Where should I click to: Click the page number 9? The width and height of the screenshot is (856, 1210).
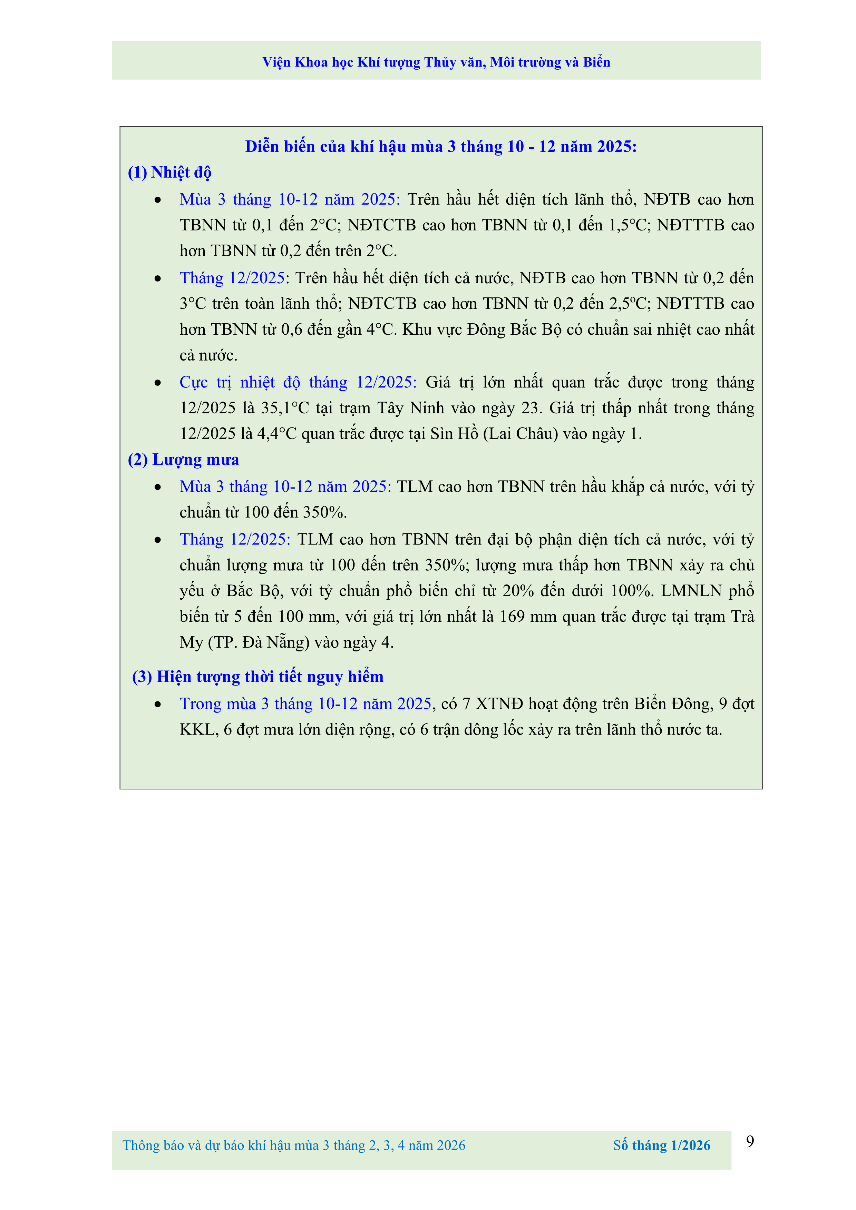pyautogui.click(x=750, y=1141)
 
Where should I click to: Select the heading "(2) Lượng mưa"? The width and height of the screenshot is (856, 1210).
pyautogui.click(x=183, y=460)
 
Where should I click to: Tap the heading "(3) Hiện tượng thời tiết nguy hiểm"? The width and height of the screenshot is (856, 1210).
pyautogui.click(x=258, y=677)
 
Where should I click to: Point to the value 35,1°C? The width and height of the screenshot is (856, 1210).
pyautogui.click(x=285, y=408)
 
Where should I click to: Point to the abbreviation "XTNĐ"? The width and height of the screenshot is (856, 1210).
pyautogui.click(x=499, y=704)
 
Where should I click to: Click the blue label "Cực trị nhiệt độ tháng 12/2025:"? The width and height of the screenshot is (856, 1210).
pyautogui.click(x=298, y=382)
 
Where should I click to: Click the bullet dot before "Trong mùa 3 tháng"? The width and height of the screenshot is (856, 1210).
pyautogui.click(x=158, y=705)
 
